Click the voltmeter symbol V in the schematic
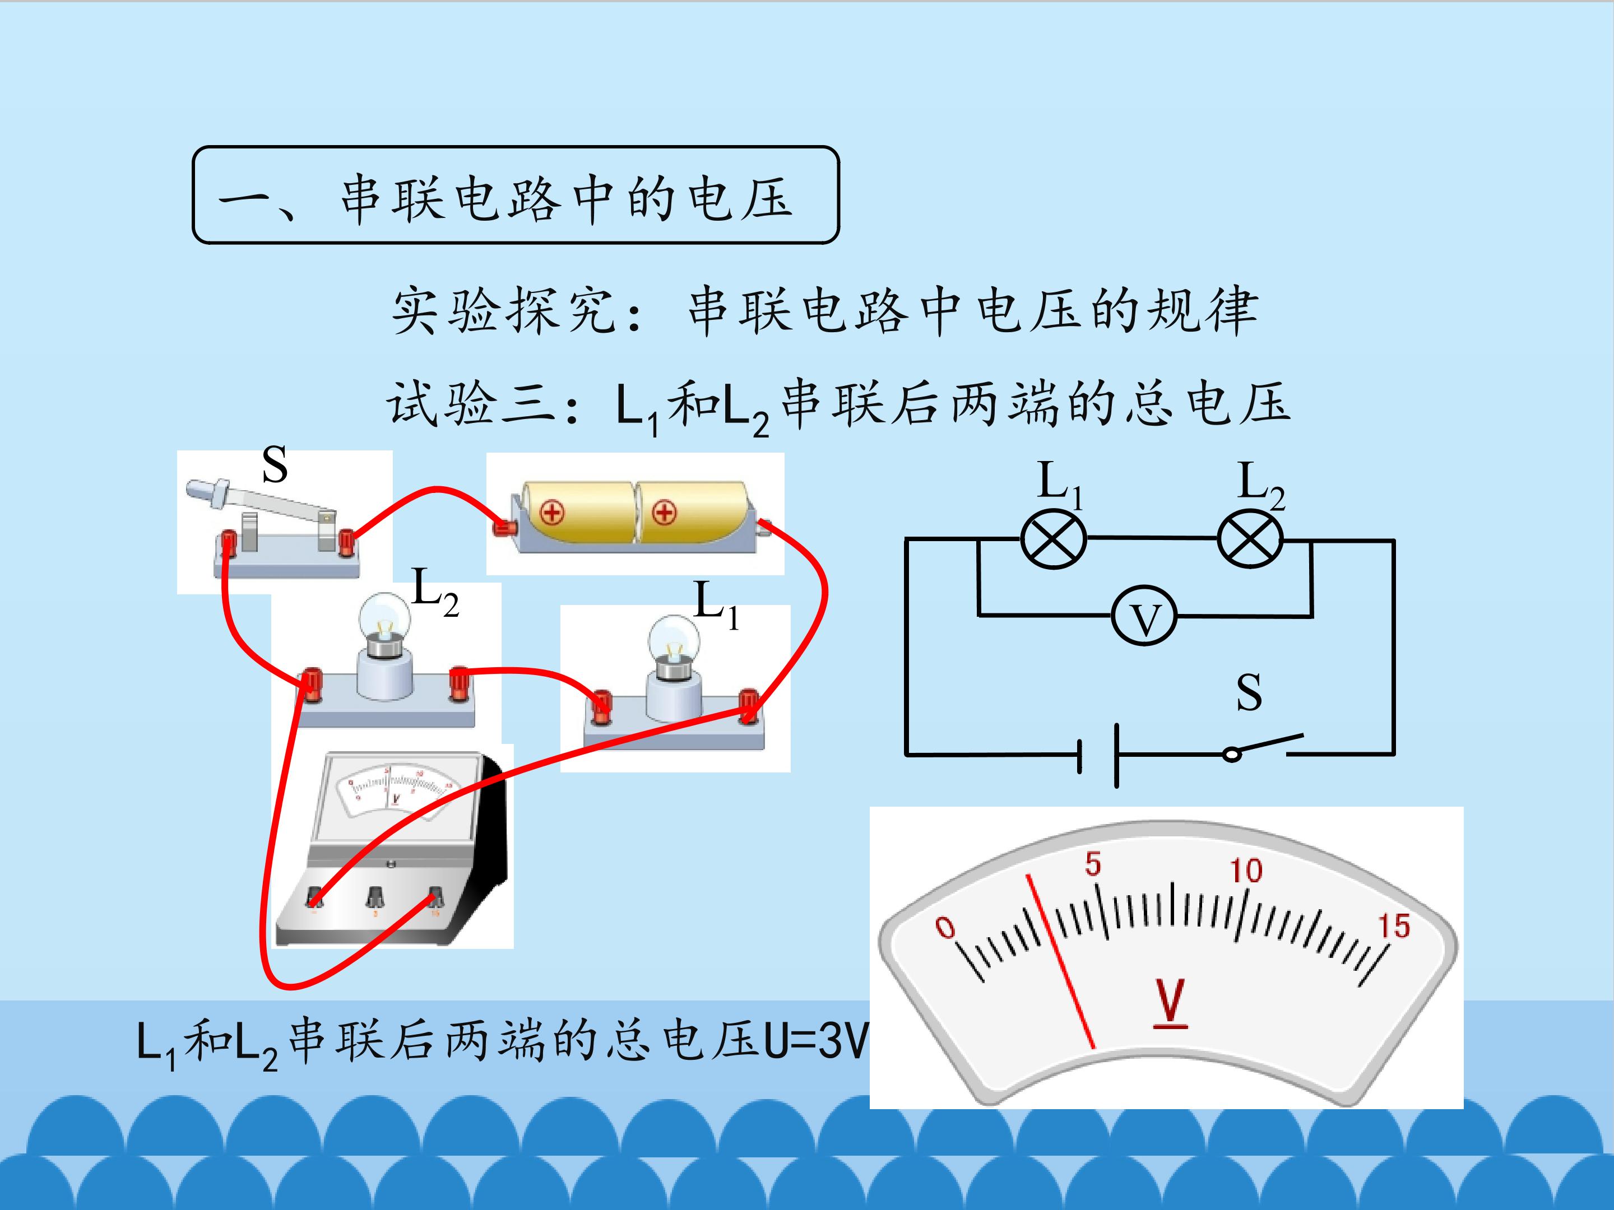pyautogui.click(x=1144, y=616)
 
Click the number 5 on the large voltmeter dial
pyautogui.click(x=1092, y=864)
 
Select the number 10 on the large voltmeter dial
pyautogui.click(x=1245, y=870)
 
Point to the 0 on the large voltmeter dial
pyautogui.click(x=945, y=927)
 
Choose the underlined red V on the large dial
pyautogui.click(x=1170, y=1003)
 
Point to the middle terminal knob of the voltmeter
pyautogui.click(x=375, y=896)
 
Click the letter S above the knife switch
pyautogui.click(x=275, y=464)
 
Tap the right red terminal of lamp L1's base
pyautogui.click(x=748, y=705)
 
